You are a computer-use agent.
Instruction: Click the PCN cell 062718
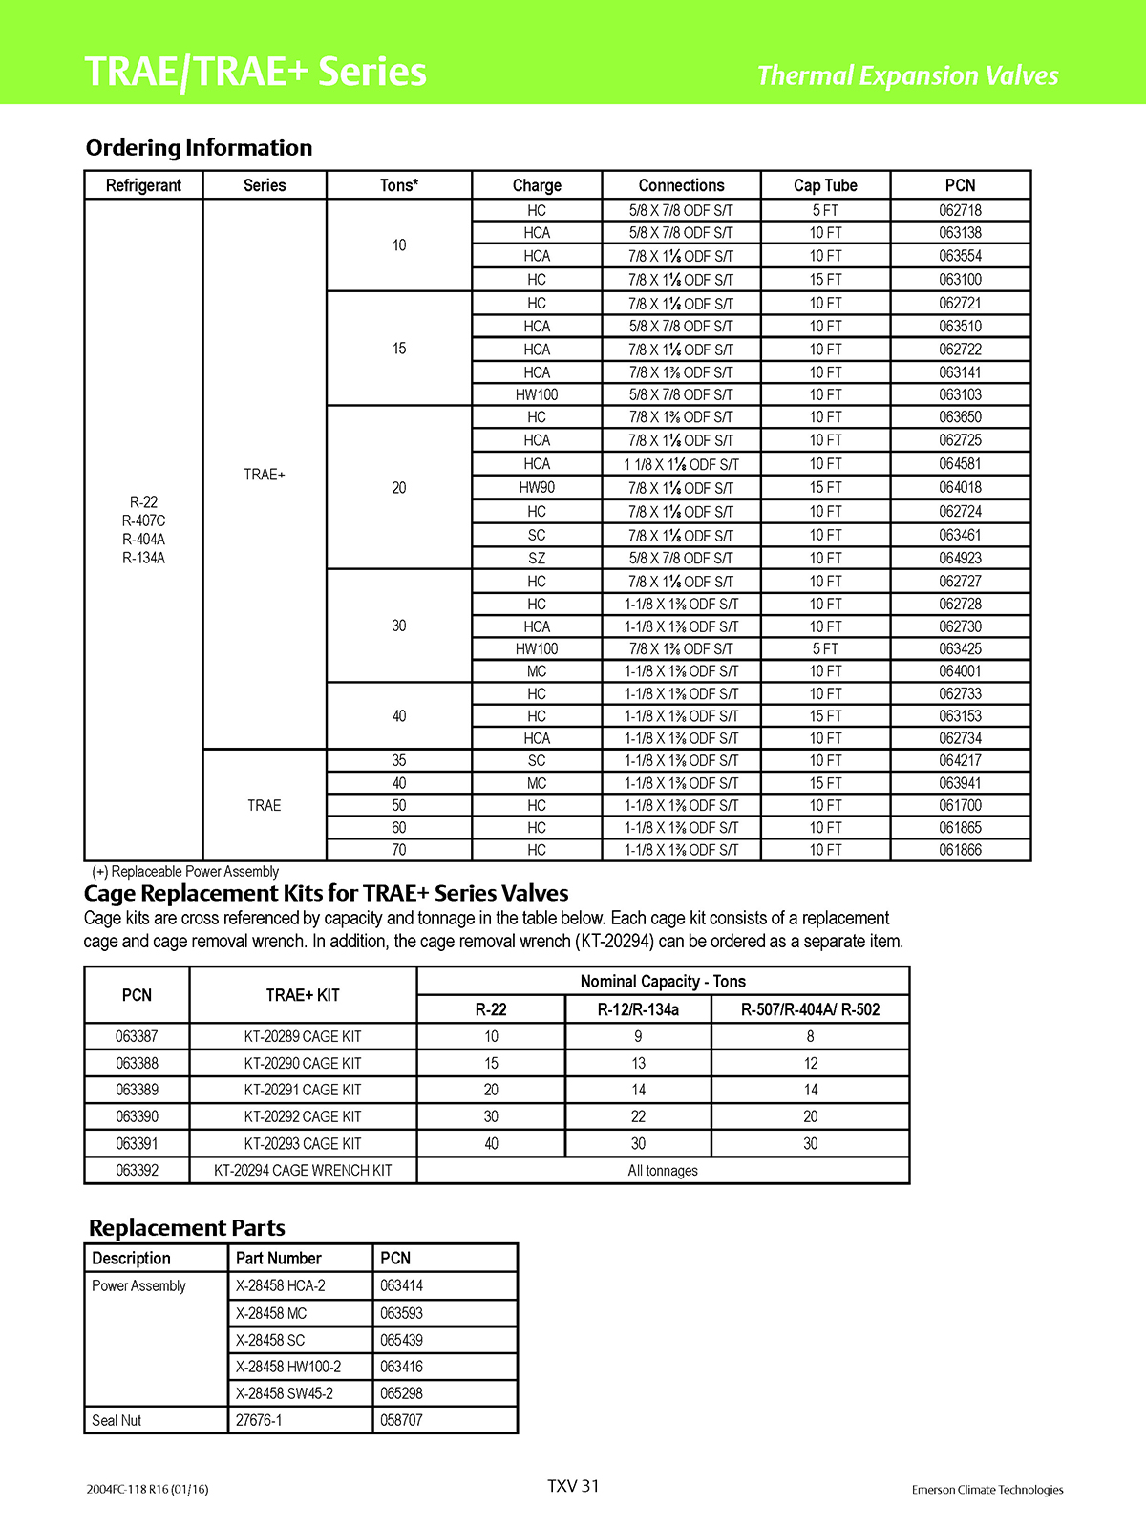[960, 210]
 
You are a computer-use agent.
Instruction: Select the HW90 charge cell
[537, 487]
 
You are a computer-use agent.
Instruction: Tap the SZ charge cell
[537, 558]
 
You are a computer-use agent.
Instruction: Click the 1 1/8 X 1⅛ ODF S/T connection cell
[681, 464]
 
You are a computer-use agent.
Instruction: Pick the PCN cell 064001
[960, 671]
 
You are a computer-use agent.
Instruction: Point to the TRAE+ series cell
[265, 475]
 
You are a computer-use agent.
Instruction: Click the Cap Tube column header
[825, 185]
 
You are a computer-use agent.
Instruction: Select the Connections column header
[681, 185]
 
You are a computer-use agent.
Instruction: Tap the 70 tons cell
[398, 850]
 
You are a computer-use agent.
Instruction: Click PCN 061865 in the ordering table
[960, 828]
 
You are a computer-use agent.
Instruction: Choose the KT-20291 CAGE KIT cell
[303, 1090]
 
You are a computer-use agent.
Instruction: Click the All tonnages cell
[663, 1171]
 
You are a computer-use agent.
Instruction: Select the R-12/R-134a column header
[638, 1009]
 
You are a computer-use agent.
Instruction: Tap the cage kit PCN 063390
[137, 1116]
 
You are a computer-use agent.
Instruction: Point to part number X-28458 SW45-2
[285, 1393]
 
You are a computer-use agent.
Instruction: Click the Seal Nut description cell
[117, 1420]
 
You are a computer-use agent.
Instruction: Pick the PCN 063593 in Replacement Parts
[401, 1313]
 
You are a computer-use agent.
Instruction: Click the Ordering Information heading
[199, 148]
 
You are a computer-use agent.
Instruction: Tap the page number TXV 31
[573, 1486]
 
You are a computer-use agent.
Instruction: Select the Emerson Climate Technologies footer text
[987, 1490]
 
